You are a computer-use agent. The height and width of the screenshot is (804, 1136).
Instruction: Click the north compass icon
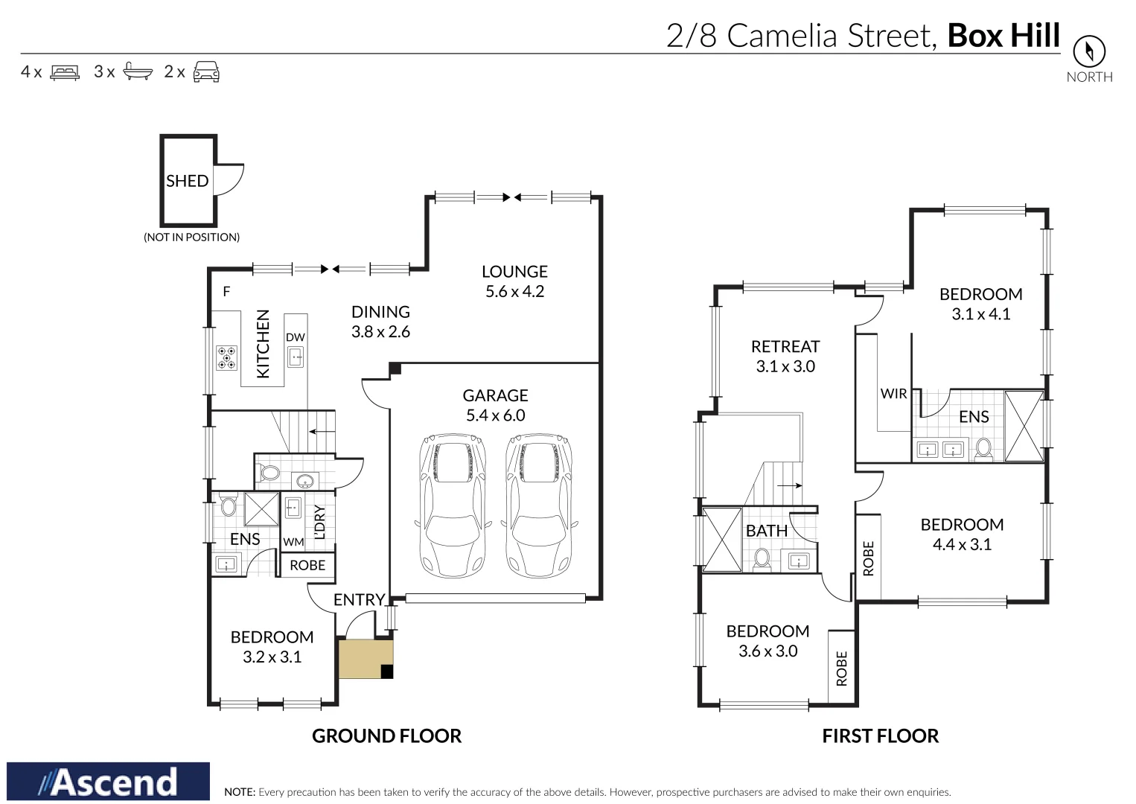[1088, 52]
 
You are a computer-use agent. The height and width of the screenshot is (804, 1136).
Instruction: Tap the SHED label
[187, 181]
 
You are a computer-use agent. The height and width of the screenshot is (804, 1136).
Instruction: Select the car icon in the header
[206, 71]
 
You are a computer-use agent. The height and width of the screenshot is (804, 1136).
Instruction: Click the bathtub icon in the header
[138, 71]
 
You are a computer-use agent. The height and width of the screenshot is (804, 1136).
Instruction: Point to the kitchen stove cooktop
[226, 358]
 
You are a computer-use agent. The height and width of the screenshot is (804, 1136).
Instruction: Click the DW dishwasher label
[296, 337]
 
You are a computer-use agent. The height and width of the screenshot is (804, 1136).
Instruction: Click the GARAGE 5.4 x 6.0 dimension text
[495, 415]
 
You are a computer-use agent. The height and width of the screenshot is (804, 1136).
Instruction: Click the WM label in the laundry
[293, 542]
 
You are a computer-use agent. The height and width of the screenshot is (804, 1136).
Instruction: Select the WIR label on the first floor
[893, 394]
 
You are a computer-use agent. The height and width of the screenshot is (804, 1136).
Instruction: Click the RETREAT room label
[785, 347]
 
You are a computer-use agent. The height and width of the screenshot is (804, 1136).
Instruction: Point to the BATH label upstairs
[766, 531]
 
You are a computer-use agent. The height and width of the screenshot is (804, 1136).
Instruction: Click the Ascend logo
[109, 782]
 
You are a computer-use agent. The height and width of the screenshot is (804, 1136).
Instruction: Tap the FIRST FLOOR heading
[880, 736]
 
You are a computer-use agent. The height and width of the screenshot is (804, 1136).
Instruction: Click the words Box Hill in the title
[1003, 36]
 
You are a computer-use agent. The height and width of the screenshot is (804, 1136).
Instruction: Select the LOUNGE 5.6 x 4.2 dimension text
[514, 292]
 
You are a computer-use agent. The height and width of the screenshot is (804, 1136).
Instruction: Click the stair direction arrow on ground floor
[322, 431]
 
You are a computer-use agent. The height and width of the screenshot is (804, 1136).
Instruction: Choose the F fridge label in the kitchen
[227, 292]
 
